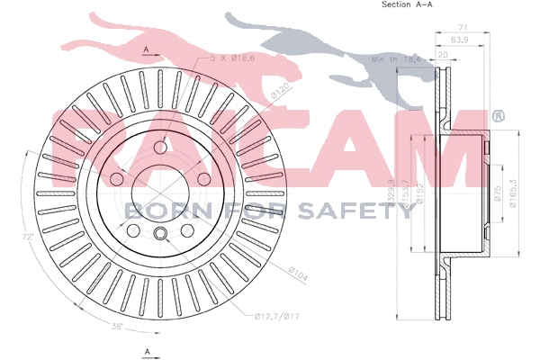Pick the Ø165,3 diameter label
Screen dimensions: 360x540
513,192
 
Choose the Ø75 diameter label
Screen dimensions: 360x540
496,193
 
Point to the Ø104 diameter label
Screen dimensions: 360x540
299,271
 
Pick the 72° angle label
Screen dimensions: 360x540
29,236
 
